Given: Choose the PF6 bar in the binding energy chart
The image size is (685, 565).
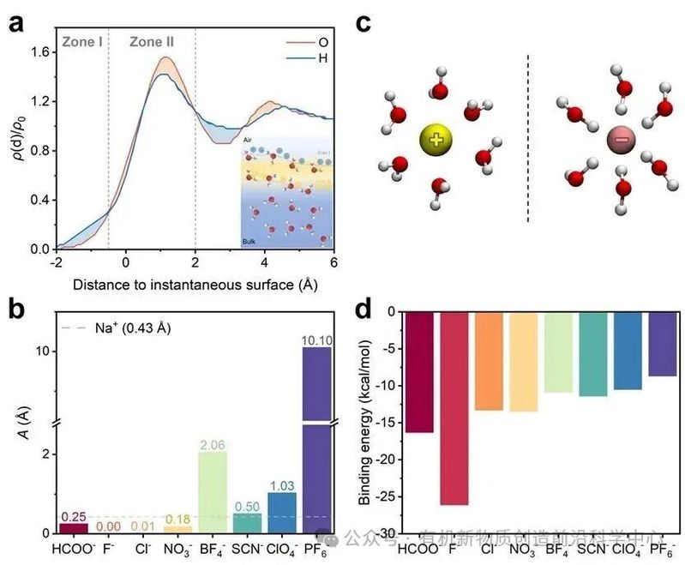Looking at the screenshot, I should (662, 344).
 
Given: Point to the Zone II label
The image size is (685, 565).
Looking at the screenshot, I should (152, 40).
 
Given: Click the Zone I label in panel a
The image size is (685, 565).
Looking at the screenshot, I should (82, 40).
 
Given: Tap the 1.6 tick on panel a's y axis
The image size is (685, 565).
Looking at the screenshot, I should (39, 52).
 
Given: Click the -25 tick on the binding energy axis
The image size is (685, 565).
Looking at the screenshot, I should (382, 496).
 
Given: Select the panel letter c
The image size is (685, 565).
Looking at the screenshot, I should (363, 23).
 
